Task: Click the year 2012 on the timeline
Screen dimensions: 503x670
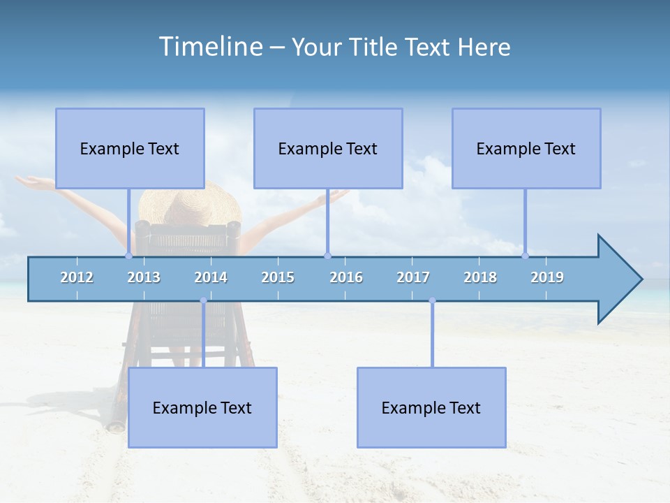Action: click(x=77, y=277)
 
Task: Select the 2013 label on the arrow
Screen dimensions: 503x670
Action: click(x=144, y=277)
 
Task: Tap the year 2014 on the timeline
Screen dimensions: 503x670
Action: click(x=211, y=277)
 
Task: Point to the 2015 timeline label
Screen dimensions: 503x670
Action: click(x=278, y=277)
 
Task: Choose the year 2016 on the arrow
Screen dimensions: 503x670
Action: click(x=346, y=277)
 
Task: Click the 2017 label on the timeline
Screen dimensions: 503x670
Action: click(x=413, y=277)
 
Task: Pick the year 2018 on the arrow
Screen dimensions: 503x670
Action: click(x=480, y=277)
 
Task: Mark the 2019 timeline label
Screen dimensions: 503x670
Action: click(x=547, y=277)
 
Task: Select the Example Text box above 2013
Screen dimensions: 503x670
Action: click(x=130, y=148)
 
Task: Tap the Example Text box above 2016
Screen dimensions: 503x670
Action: click(x=328, y=148)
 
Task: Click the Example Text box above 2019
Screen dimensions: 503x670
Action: click(x=526, y=148)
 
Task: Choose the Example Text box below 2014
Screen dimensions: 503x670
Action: click(x=202, y=407)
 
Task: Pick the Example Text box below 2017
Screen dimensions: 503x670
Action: click(x=431, y=407)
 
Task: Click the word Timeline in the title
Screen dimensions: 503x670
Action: click(x=209, y=47)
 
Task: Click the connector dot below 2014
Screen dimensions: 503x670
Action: click(x=203, y=300)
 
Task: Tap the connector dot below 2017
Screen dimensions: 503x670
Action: click(x=432, y=300)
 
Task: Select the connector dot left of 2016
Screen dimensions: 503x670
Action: click(x=327, y=256)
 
